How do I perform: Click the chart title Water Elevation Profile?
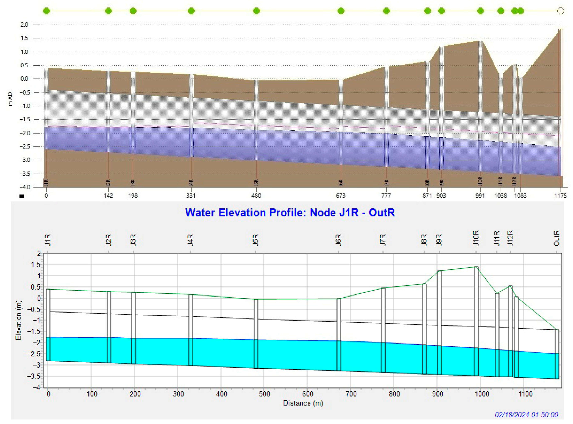tap(290, 213)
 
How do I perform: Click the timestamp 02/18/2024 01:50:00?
tap(526, 415)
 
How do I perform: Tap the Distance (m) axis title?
tap(303, 403)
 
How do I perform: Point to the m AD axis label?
tap(10, 99)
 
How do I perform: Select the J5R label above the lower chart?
tap(256, 240)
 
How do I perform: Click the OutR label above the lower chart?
tap(556, 238)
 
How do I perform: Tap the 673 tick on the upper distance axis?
tap(341, 196)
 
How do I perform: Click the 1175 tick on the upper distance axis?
tap(560, 196)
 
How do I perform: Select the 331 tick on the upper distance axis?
tap(191, 196)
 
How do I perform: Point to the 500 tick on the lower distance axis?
tap(264, 394)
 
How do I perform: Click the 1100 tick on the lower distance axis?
tap(525, 394)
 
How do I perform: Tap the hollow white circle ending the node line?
tap(561, 11)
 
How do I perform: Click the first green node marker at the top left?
tap(46, 11)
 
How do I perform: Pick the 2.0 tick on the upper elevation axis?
tap(24, 25)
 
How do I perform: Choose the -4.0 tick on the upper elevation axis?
tap(25, 187)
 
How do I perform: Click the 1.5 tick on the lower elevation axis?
tap(36, 265)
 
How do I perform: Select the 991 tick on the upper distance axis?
tap(480, 196)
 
